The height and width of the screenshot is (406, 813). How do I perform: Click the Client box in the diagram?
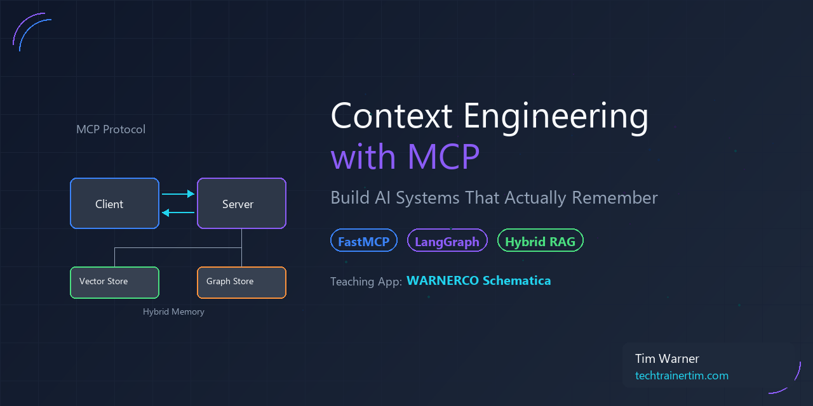[114, 203]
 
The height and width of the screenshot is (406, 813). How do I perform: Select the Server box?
[241, 203]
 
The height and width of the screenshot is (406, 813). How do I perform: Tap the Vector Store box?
[114, 282]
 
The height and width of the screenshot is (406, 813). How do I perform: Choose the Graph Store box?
[241, 282]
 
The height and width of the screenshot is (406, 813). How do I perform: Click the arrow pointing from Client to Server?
[178, 194]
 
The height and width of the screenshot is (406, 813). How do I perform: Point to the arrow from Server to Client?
[178, 213]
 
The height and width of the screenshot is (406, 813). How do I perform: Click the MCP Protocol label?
[111, 129]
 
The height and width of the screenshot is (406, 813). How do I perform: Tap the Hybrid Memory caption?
[173, 312]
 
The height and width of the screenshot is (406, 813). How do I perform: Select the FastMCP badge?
[363, 241]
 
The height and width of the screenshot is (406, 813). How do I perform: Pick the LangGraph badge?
[447, 241]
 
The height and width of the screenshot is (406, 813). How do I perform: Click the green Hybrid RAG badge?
[540, 241]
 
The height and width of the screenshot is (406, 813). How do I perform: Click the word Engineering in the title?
[556, 117]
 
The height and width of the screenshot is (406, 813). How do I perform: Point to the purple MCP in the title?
[443, 157]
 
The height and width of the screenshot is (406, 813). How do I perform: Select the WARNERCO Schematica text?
[478, 280]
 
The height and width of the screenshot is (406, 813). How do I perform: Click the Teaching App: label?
[366, 281]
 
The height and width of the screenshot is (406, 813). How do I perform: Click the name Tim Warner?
[667, 359]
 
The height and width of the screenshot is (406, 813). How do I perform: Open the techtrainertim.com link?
[682, 376]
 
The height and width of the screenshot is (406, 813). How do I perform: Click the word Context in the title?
[391, 116]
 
